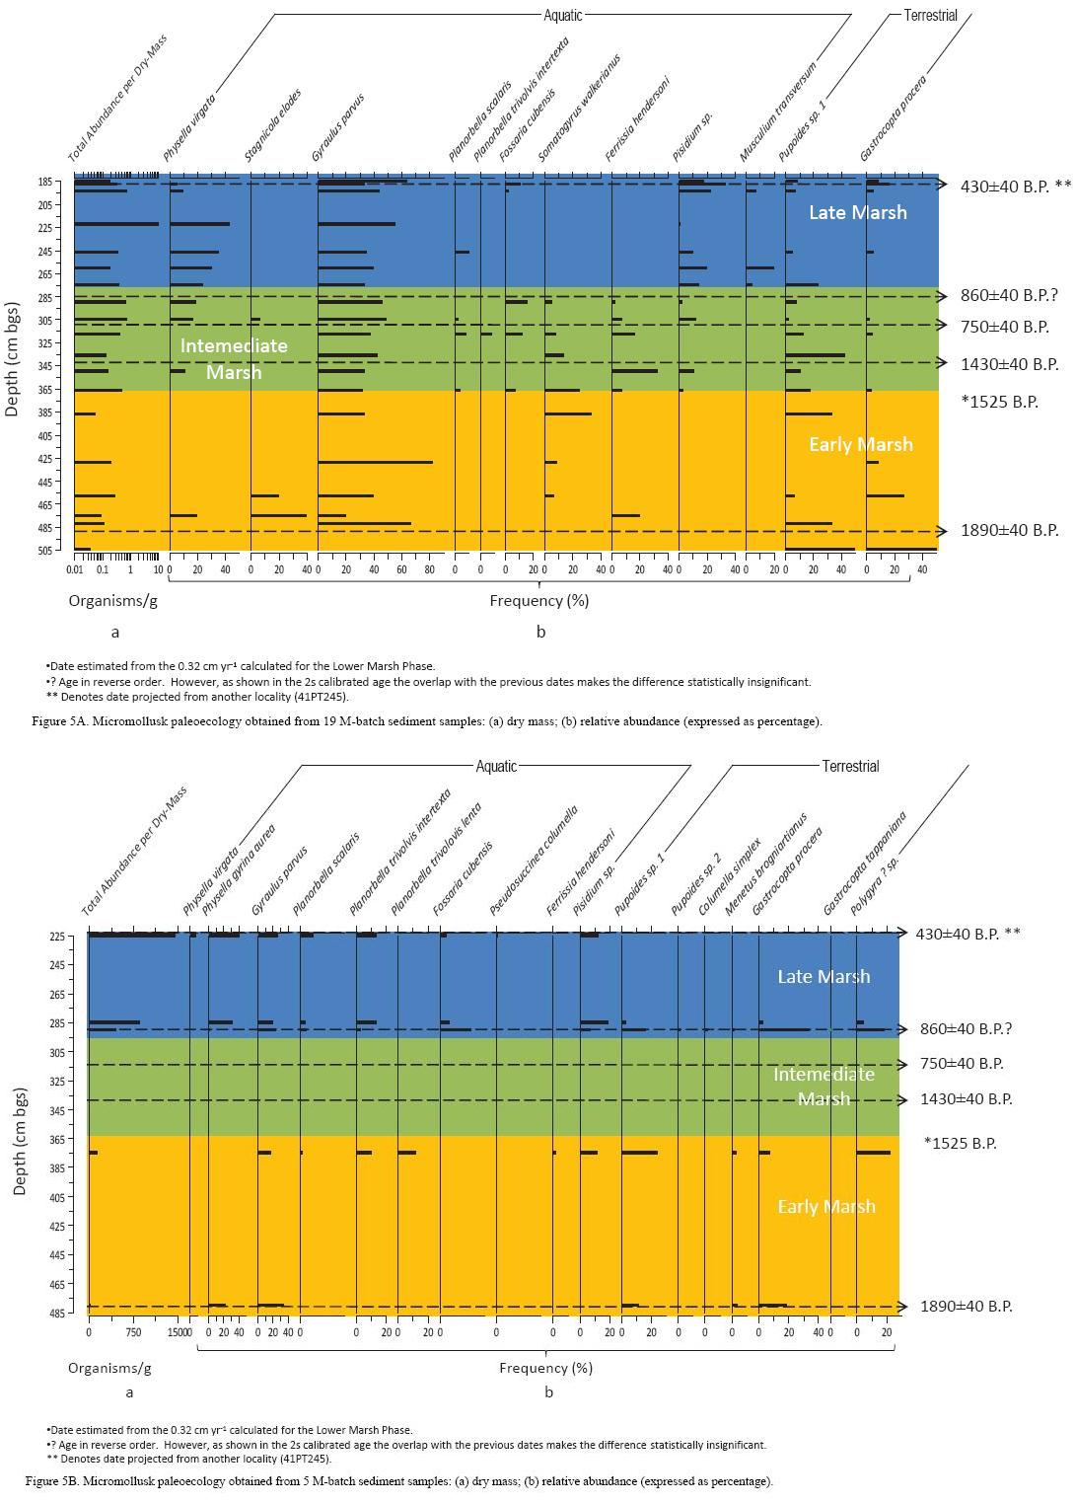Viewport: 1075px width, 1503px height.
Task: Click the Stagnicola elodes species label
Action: pos(273,125)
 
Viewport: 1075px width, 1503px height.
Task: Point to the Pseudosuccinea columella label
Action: pos(534,861)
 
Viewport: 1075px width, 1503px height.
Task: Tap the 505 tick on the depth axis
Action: pos(43,550)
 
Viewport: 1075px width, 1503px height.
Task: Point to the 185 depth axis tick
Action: pos(43,183)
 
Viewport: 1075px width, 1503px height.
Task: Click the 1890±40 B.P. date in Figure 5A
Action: pos(1009,531)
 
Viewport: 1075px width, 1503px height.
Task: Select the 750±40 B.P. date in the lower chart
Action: pos(962,1064)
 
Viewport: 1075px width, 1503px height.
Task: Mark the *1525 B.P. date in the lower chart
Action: pos(960,1144)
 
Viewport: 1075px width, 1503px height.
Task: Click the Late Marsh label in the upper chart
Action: pos(857,212)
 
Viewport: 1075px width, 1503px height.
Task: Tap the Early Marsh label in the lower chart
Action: pos(825,1207)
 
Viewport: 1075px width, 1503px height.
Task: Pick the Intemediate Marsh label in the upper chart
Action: pos(234,359)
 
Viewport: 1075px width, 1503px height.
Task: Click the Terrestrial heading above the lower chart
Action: pos(849,767)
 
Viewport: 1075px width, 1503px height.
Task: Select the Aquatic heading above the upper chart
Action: pos(562,15)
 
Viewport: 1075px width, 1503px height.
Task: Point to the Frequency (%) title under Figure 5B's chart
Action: pos(546,1368)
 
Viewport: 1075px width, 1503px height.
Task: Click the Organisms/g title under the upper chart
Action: pos(109,600)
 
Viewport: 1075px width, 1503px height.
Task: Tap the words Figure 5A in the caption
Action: pos(56,721)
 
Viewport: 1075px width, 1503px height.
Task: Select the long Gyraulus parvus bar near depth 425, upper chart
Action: pos(375,462)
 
